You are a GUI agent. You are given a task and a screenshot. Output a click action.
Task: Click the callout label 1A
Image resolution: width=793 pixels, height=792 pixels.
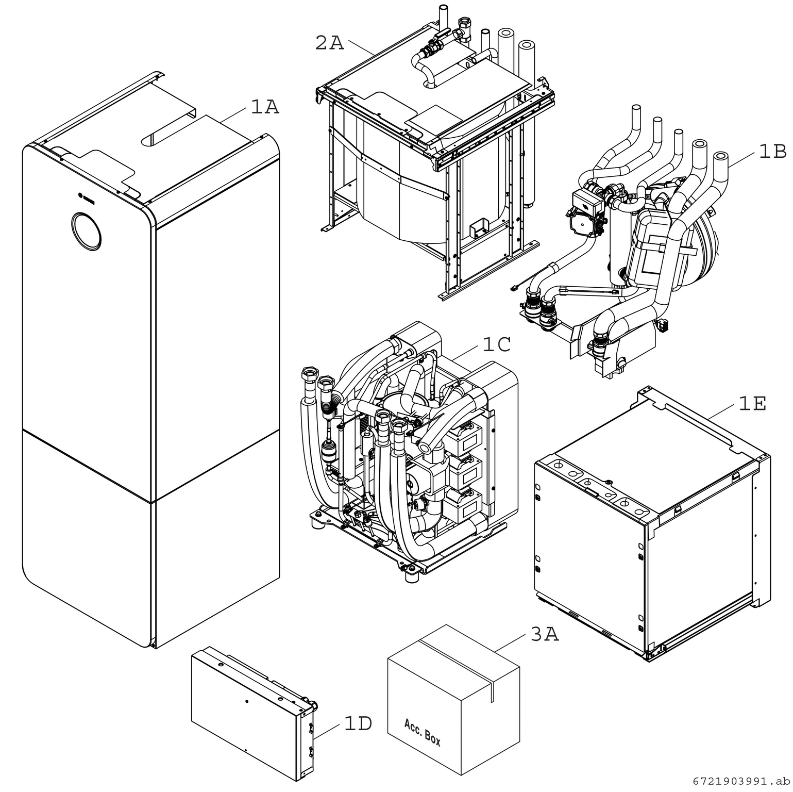(265, 107)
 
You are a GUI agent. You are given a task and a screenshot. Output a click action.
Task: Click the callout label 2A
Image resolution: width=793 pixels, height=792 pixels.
(329, 43)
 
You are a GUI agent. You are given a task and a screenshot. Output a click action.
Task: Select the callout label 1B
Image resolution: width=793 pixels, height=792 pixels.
(772, 152)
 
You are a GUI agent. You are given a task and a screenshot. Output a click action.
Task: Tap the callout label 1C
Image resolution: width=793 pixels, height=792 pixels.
(497, 345)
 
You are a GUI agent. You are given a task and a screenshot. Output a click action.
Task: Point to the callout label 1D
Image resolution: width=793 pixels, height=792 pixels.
(358, 724)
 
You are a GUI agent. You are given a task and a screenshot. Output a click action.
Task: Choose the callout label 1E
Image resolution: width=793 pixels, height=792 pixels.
(752, 404)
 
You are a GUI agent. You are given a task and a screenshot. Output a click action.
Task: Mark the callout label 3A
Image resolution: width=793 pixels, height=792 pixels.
(545, 635)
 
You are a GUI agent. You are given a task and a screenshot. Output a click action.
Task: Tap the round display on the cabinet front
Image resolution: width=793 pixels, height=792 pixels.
(86, 230)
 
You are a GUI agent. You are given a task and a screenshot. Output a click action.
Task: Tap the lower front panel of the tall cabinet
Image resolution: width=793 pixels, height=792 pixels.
(88, 526)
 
